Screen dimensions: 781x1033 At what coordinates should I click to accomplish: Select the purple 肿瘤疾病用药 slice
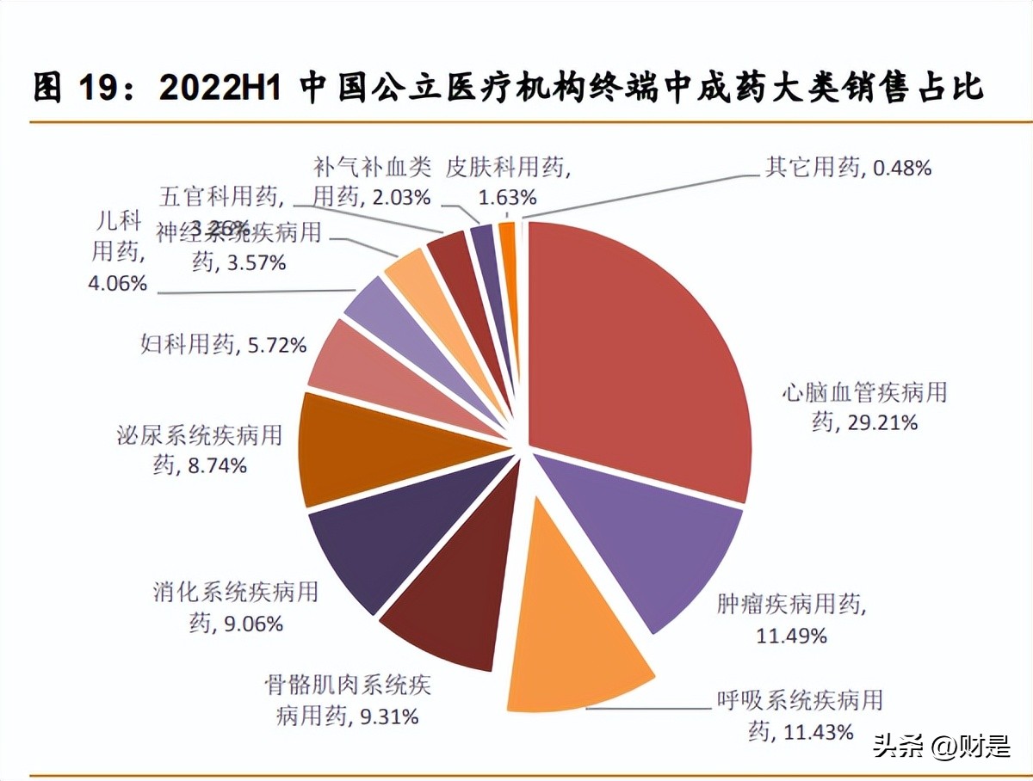(x=654, y=542)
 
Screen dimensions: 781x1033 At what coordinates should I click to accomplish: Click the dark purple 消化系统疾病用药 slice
(x=387, y=533)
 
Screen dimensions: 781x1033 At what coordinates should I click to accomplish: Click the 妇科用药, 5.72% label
(x=223, y=346)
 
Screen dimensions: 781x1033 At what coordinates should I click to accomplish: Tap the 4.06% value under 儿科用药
(x=117, y=281)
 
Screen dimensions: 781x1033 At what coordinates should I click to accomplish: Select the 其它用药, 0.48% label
(x=848, y=167)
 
